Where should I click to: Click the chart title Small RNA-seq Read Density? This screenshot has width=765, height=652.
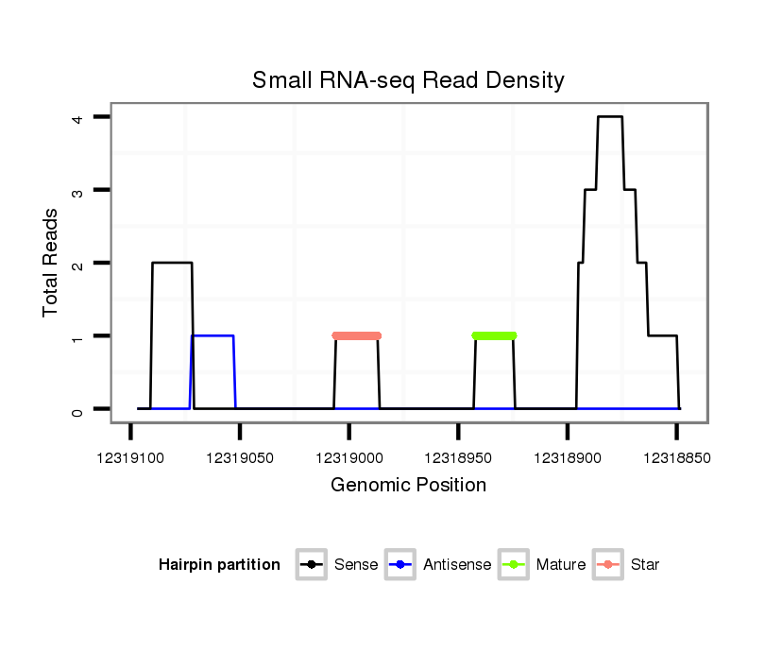coord(408,80)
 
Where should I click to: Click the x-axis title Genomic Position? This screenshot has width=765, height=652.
coord(408,486)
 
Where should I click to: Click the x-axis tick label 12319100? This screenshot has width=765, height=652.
coord(130,457)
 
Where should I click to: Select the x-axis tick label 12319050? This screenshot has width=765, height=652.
coord(240,457)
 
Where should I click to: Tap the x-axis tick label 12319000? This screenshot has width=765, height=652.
coord(348,457)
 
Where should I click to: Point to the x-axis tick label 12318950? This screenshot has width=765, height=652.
coord(458,457)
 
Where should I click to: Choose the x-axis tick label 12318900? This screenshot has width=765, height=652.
coord(567,457)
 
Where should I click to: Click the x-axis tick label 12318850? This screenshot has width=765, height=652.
coord(676,457)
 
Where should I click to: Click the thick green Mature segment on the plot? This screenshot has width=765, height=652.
coord(494,335)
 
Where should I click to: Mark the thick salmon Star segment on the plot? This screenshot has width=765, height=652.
coord(356,335)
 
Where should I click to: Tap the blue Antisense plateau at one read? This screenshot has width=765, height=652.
coord(212,335)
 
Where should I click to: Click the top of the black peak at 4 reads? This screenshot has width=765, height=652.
coord(609,117)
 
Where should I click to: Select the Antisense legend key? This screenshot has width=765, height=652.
coord(401,565)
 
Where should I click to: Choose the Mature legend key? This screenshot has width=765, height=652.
coord(515,565)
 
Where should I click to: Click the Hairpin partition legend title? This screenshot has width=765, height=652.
coord(219,565)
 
